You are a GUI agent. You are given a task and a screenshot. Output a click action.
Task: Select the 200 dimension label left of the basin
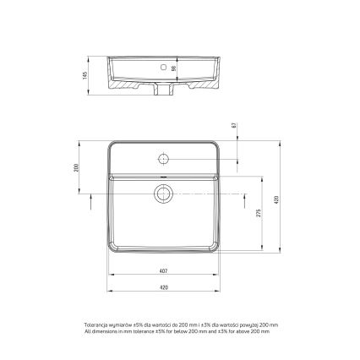coord(75,168)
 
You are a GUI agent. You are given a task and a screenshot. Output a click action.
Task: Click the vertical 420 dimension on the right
coord(276,199)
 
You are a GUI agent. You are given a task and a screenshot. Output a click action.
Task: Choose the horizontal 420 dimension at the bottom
coord(163,287)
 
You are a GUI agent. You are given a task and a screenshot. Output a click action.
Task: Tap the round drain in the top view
coord(163,194)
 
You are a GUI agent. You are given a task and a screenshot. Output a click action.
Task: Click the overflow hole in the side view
coord(163,64)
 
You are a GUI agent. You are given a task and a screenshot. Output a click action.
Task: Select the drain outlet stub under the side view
coord(163,90)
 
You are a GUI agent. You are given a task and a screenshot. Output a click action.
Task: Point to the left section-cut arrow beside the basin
coord(90,199)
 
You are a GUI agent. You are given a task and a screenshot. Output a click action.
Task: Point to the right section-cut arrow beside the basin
coord(240,199)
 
